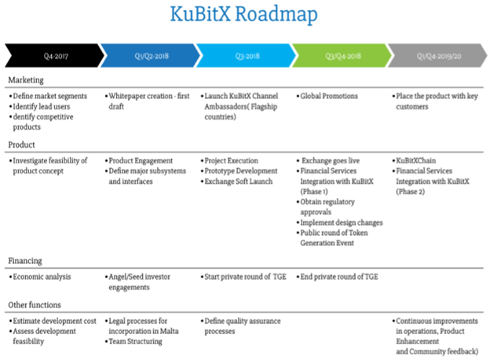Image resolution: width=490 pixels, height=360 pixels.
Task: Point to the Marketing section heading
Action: tap(27, 80)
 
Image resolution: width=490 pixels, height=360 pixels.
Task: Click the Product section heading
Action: tap(23, 145)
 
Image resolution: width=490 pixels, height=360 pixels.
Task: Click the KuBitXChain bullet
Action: tap(420, 160)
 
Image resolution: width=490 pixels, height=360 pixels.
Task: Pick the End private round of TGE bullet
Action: tap(338, 277)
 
